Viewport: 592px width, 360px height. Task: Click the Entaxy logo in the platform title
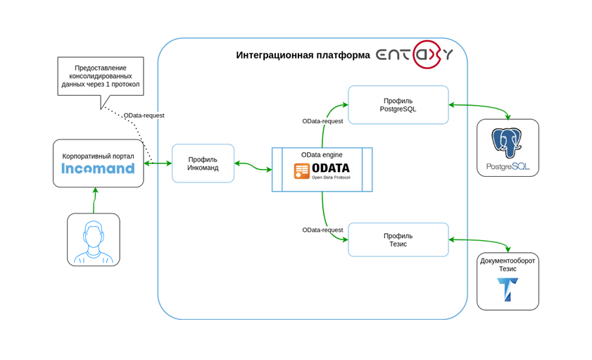pos(414,54)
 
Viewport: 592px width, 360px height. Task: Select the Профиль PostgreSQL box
pos(398,105)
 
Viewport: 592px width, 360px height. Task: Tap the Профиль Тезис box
pos(398,240)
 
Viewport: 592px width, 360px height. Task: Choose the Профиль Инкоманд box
pos(203,163)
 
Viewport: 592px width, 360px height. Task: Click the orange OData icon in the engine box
pos(302,170)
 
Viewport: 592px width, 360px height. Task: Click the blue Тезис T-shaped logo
pos(507,290)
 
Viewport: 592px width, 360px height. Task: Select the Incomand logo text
pos(98,168)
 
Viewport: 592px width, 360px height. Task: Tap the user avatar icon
pos(94,241)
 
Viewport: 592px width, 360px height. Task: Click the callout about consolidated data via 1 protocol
pos(101,76)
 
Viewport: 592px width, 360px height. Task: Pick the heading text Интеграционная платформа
pos(303,55)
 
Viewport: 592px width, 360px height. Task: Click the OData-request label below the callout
pos(144,115)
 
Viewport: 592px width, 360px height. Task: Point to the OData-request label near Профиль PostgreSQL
pos(322,121)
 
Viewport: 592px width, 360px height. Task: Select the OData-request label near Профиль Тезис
pos(322,230)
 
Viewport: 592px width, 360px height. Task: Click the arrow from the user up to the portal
pos(94,200)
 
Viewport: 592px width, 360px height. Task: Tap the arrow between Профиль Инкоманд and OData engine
pos(253,166)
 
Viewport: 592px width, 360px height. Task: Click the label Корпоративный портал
pos(98,156)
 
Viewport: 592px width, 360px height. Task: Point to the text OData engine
pos(322,154)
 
